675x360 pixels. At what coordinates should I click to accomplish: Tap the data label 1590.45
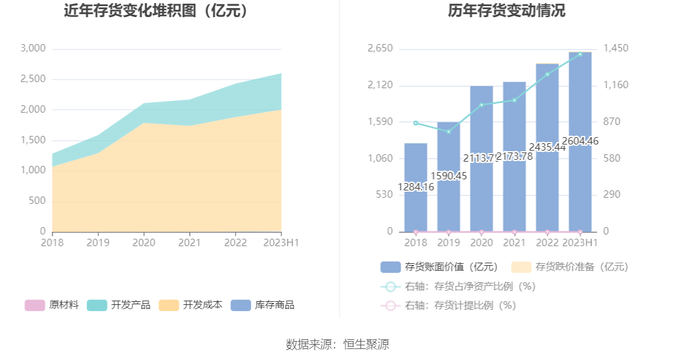448,176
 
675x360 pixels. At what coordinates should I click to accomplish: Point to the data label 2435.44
547,147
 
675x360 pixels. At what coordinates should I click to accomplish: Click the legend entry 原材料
52,305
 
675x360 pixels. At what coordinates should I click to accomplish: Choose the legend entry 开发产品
119,305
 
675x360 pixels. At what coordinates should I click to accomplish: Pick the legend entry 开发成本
190,305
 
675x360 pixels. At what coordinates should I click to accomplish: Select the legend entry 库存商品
263,305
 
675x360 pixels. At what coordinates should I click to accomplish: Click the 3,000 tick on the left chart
33,48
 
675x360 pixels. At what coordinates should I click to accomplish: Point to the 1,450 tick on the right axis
616,48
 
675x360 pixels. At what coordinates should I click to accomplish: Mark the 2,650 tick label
380,48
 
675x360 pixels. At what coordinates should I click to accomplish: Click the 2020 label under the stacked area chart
143,243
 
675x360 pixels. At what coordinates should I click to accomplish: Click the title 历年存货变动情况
506,11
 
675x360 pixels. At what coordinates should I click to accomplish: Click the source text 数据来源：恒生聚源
337,344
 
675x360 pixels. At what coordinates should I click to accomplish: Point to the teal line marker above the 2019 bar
448,132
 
